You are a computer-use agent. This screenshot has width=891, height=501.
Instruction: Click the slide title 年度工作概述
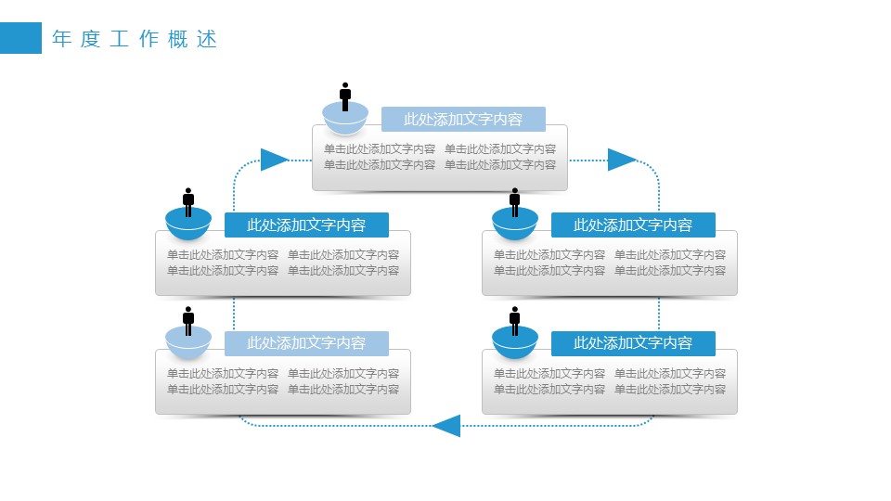[x=136, y=39]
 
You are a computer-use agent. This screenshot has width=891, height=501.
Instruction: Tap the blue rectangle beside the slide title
[x=20, y=38]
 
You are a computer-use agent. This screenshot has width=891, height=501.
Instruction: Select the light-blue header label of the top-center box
[x=463, y=119]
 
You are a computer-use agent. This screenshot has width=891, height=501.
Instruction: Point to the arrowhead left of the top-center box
[x=274, y=160]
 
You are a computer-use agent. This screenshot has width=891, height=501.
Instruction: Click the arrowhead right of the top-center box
[x=621, y=160]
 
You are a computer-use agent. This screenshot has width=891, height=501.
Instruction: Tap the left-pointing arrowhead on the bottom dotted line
[x=446, y=426]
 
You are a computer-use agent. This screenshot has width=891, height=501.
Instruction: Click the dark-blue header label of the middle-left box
[x=306, y=225]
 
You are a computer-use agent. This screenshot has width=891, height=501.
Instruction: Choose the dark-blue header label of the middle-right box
[x=633, y=225]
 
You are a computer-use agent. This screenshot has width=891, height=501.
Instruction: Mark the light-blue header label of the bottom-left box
[x=306, y=343]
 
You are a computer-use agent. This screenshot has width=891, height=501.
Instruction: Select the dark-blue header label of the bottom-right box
[x=633, y=343]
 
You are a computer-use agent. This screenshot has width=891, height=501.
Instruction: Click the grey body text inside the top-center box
[x=440, y=157]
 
